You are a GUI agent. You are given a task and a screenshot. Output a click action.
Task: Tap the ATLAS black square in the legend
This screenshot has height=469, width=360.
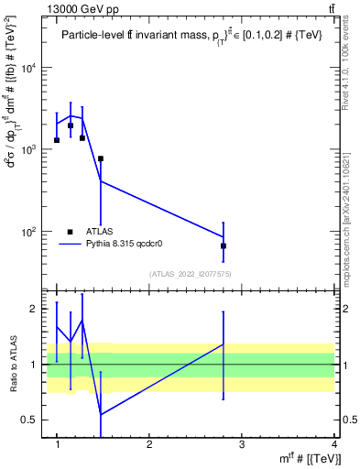pyautogui.click(x=71, y=232)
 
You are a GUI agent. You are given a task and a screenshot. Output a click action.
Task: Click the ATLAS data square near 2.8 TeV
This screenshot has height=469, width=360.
pyautogui.click(x=224, y=246)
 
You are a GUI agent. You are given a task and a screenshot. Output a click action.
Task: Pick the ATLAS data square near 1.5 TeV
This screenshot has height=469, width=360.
pyautogui.click(x=101, y=158)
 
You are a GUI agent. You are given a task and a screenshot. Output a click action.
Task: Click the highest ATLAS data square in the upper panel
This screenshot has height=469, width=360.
pyautogui.click(x=71, y=125)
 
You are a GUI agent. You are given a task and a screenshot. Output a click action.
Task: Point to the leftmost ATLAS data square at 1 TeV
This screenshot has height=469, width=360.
pyautogui.click(x=57, y=140)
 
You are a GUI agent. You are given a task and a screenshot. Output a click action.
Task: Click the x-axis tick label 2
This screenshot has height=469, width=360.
pyautogui.click(x=149, y=445)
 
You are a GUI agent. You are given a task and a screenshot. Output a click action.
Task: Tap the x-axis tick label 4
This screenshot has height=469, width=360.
pyautogui.click(x=333, y=445)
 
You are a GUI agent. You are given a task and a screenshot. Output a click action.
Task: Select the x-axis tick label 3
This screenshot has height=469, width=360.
pyautogui.click(x=241, y=445)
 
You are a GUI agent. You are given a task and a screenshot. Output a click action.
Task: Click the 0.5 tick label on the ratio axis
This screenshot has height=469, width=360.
pyautogui.click(x=34, y=420)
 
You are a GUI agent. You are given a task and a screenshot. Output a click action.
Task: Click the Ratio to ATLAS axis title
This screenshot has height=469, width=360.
pyautogui.click(x=12, y=365)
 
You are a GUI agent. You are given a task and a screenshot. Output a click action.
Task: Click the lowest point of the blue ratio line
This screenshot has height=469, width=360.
pyautogui.click(x=101, y=414)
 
